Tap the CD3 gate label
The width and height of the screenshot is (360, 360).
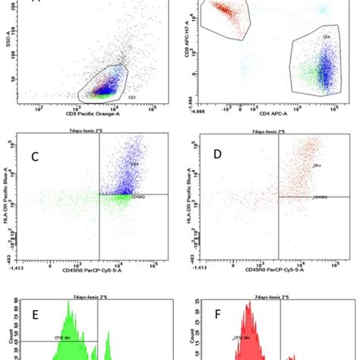(x=110, y=97)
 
